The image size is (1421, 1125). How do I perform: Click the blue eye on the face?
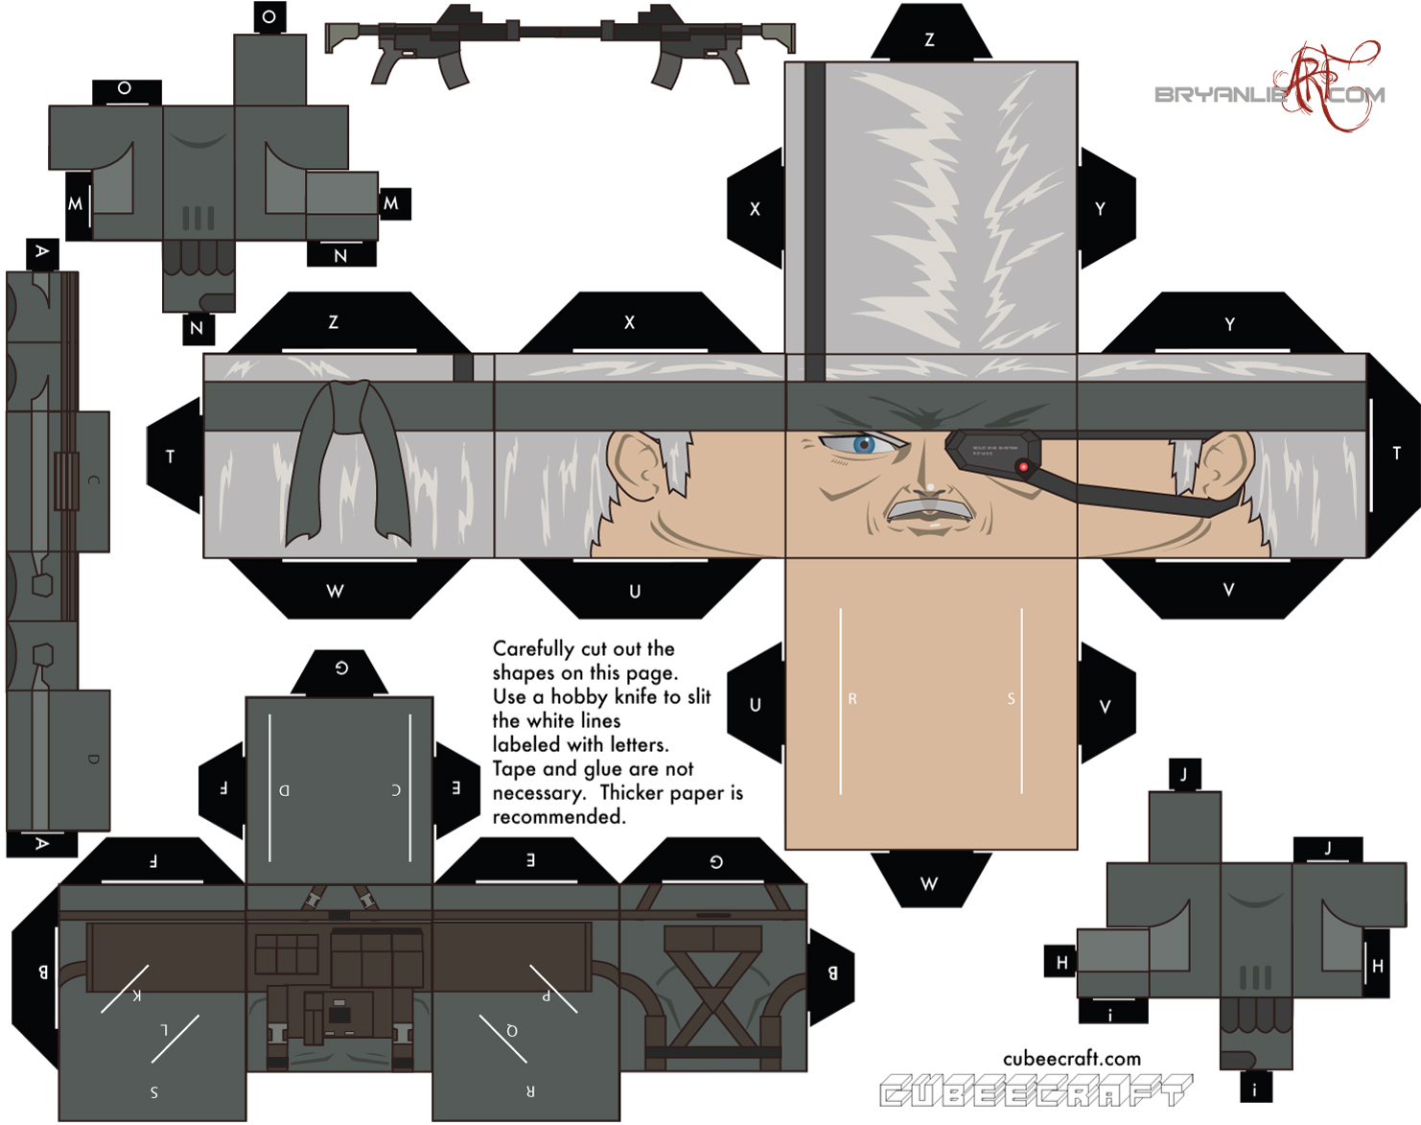864,444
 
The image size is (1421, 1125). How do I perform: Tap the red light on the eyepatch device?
1024,467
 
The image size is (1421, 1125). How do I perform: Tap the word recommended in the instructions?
559,817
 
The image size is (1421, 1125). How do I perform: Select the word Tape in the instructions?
513,769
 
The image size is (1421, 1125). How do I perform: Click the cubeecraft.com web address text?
1072,1059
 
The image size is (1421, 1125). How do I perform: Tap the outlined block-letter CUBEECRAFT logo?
1036,1091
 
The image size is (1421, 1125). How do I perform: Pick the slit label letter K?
137,995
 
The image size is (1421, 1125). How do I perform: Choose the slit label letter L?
164,1030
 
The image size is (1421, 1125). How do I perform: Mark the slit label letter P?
547,996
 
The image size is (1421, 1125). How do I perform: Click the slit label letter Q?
512,1031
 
